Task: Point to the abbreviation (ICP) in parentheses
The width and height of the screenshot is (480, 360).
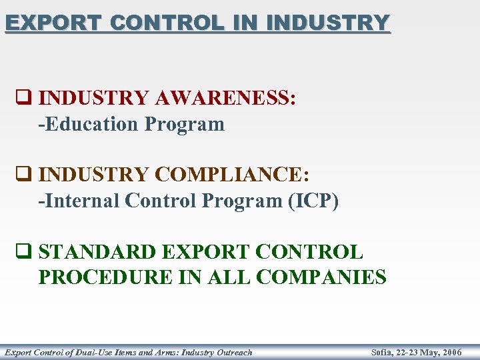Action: click(313, 201)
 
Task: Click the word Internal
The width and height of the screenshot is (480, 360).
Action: click(82, 201)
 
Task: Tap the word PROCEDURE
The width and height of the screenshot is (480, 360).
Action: click(105, 277)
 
